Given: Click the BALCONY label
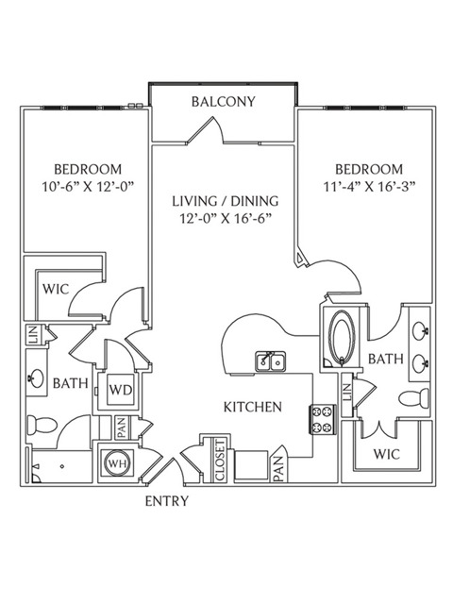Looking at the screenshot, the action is tap(224, 102).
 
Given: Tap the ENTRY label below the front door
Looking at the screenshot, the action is tap(167, 501).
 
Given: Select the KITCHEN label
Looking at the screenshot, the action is tap(253, 407).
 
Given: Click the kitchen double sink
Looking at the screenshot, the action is tap(271, 361).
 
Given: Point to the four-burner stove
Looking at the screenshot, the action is tap(323, 419).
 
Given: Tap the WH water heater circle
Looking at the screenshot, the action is tap(117, 463).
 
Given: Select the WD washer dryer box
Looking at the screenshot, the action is tap(121, 390).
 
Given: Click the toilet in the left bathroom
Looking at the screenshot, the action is tap(42, 426).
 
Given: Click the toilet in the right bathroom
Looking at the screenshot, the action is tap(414, 398).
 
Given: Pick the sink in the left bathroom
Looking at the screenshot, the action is tap(37, 378).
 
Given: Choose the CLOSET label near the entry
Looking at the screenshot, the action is tap(220, 461).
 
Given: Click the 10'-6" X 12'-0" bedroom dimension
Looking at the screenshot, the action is tap(88, 187).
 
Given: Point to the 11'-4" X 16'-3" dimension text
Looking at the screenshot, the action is tap(369, 187).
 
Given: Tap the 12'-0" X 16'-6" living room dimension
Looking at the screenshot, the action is tap(226, 219).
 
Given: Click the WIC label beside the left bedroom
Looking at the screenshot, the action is tap(56, 289).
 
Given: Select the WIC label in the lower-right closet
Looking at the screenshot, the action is tap(386, 454).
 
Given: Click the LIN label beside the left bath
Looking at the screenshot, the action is tap(32, 334).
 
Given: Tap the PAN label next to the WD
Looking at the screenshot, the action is tap(122, 428).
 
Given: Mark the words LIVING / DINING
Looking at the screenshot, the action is tap(226, 201).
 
